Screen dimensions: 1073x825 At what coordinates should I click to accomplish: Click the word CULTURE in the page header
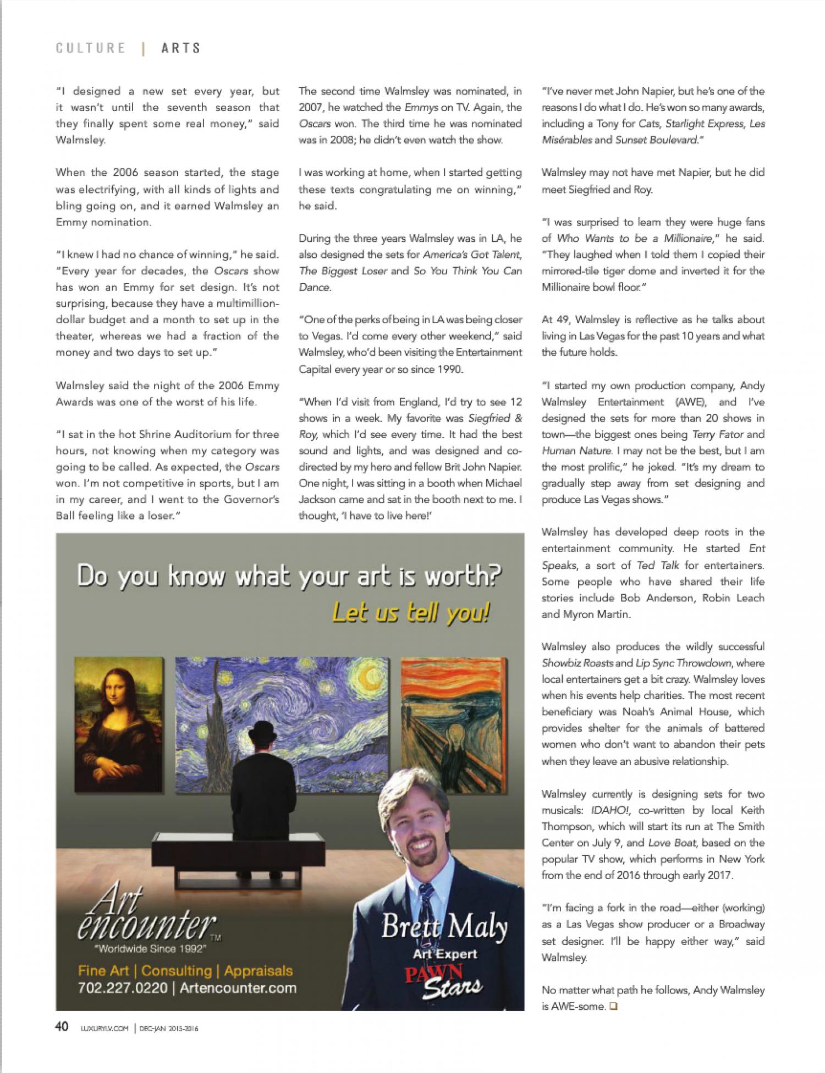[90, 48]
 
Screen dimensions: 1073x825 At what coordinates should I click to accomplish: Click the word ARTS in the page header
[181, 48]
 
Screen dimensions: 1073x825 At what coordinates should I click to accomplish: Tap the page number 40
[61, 1026]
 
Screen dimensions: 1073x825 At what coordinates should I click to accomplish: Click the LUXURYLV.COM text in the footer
[101, 1027]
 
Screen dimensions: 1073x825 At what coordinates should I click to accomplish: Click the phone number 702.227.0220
[122, 987]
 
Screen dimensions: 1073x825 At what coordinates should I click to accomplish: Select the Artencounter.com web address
[238, 987]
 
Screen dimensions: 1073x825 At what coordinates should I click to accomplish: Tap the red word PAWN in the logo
[435, 974]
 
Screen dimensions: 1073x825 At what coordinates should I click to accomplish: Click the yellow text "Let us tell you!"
[411, 613]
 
